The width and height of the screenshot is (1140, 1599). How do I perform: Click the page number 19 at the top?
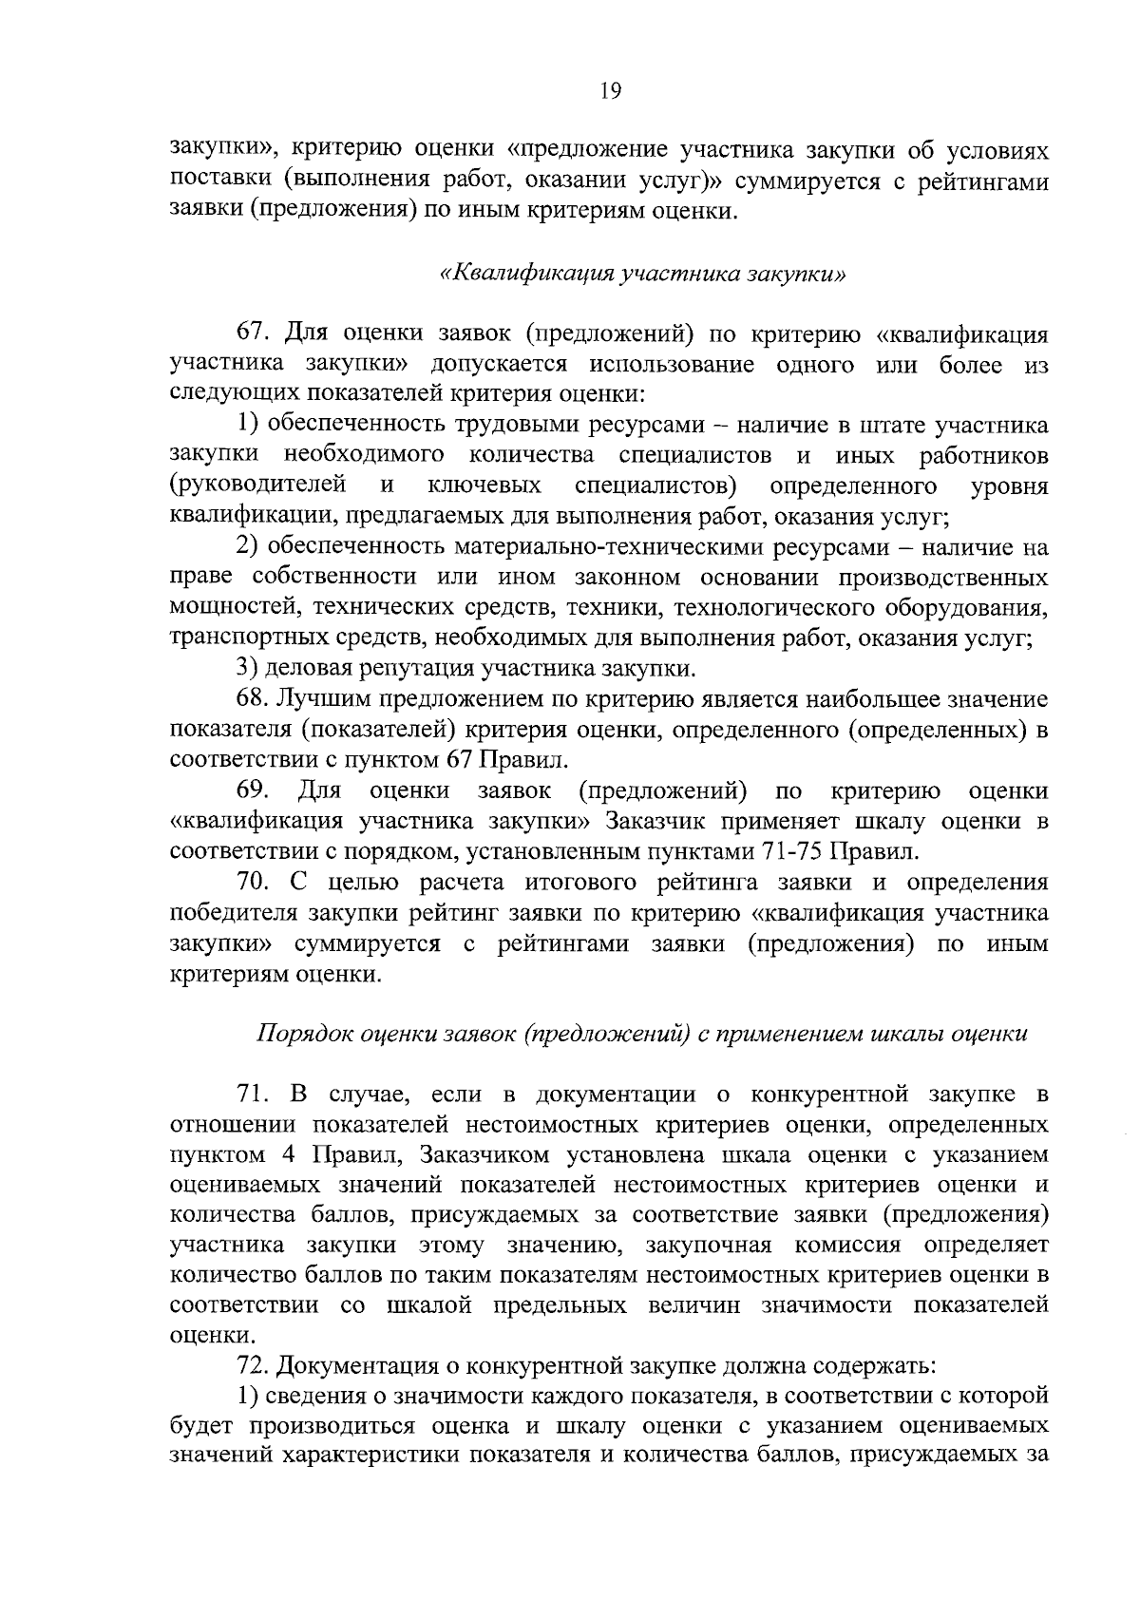610,91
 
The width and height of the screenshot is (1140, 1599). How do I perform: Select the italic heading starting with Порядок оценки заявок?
642,1034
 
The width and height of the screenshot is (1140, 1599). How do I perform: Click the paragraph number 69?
253,790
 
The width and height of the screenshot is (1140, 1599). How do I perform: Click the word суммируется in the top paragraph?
803,182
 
